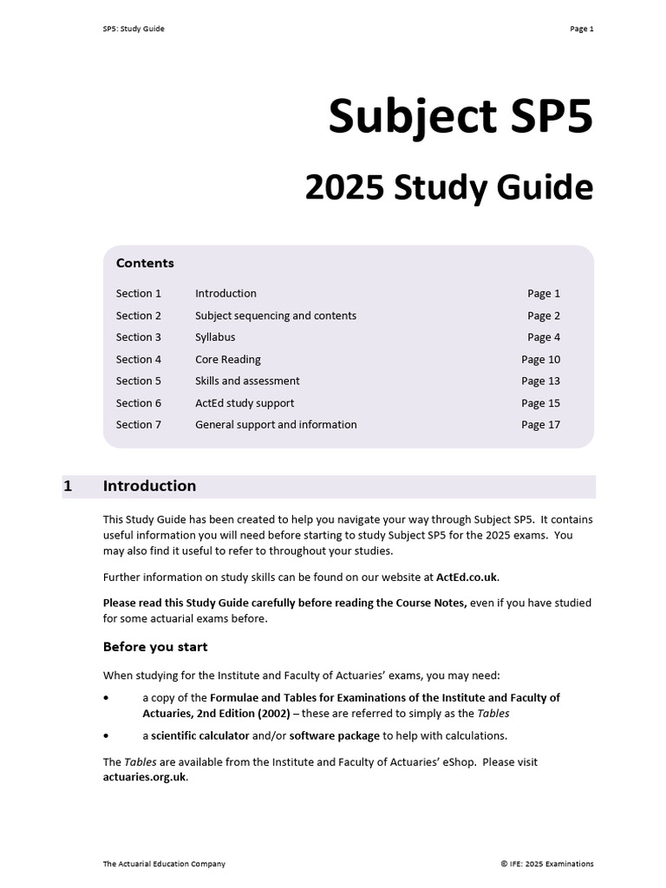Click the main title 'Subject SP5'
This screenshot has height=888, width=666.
(460, 117)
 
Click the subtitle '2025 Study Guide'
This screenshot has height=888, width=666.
(448, 188)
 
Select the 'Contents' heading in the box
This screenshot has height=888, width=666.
(145, 263)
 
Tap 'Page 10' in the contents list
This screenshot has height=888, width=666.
(540, 359)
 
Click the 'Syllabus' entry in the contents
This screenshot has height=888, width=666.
(215, 337)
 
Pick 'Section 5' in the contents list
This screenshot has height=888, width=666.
(139, 381)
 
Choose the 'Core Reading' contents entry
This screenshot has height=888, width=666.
(227, 359)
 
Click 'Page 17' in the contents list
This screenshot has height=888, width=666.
(540, 425)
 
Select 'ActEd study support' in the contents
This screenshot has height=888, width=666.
(245, 403)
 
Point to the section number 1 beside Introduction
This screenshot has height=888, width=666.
(68, 486)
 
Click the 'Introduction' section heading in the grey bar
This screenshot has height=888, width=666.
(149, 486)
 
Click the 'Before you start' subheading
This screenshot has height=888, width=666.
(155, 647)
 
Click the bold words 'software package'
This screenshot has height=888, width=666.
(334, 736)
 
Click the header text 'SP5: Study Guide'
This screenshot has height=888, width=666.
(133, 29)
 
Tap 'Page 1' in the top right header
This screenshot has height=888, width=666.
(581, 29)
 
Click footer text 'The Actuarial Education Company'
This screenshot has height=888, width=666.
(164, 864)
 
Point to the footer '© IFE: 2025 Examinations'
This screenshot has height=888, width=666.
(546, 864)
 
